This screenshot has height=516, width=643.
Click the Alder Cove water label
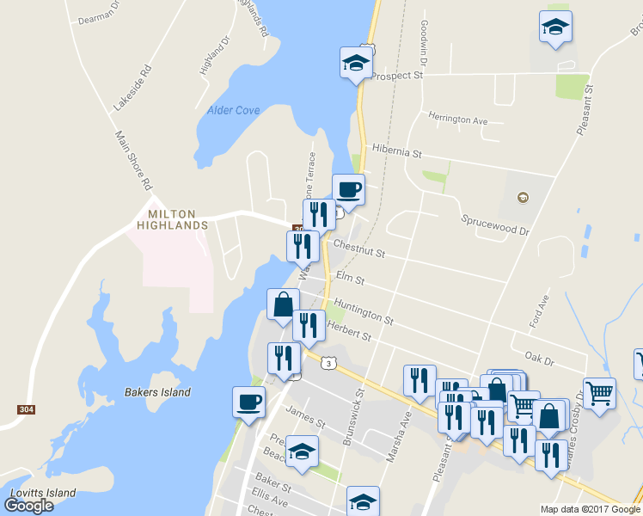(x=233, y=110)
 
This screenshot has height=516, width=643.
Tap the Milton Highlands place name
(x=172, y=219)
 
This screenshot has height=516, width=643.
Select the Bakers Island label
(x=156, y=392)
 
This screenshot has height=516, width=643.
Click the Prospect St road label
(x=397, y=76)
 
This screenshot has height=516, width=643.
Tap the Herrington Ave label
(x=458, y=120)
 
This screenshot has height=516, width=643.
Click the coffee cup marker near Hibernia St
(x=348, y=188)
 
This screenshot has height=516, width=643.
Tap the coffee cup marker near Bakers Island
(x=248, y=401)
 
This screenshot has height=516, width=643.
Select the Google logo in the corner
(x=28, y=505)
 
